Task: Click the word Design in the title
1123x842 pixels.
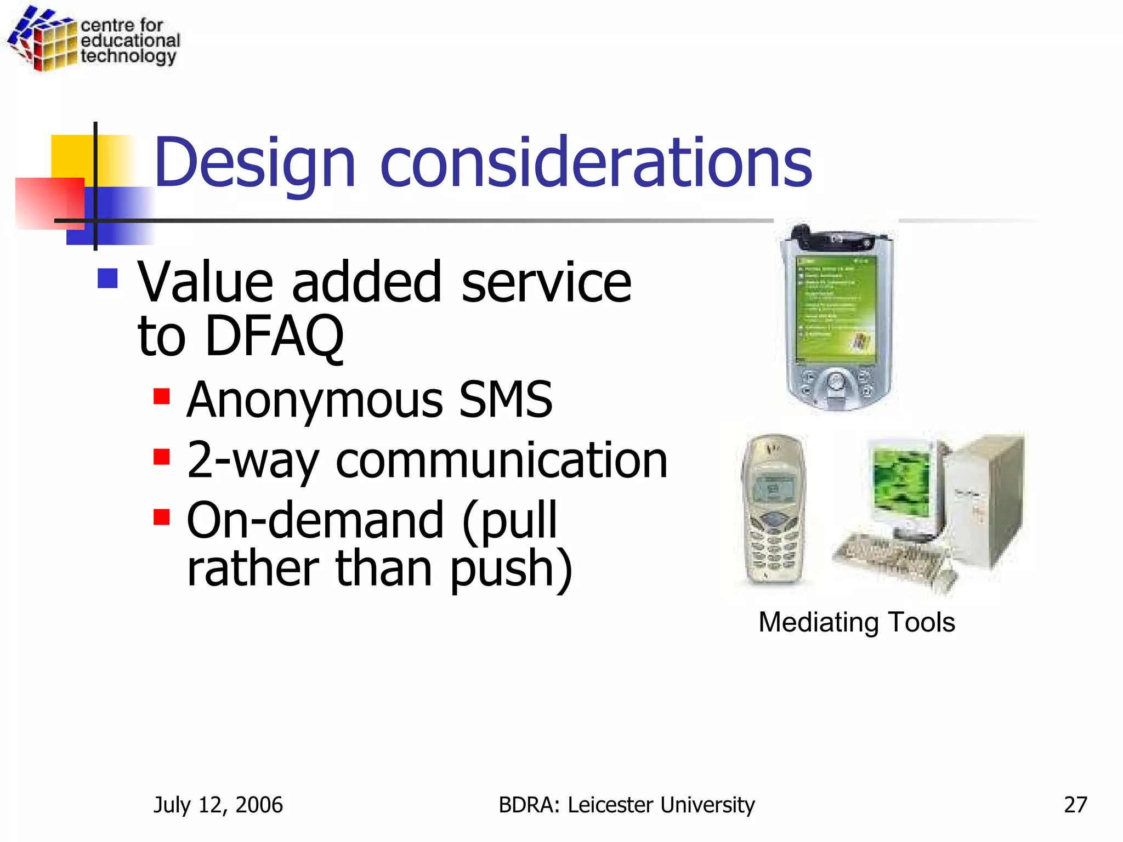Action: [x=255, y=163]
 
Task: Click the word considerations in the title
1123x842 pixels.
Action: [x=595, y=162]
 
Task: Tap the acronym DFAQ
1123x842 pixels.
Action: [x=274, y=335]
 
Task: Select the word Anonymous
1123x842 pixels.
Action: [x=315, y=400]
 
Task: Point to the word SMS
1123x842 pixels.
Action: [x=505, y=399]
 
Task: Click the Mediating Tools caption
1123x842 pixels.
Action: [x=857, y=622]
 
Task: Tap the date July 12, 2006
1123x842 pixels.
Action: [x=218, y=804]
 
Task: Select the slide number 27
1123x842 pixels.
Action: [x=1075, y=804]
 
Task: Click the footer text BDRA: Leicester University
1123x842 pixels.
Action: [x=626, y=804]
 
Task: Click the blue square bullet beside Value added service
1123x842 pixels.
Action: [x=107, y=278]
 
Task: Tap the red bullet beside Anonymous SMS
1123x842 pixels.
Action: [x=162, y=396]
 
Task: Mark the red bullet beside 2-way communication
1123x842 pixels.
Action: [x=162, y=456]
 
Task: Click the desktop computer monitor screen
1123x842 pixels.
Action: [x=902, y=482]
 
